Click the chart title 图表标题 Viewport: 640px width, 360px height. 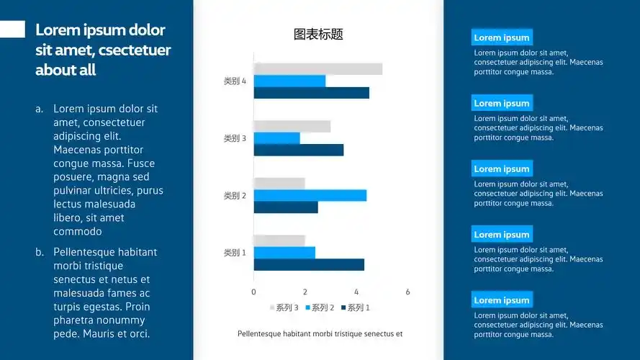(x=318, y=35)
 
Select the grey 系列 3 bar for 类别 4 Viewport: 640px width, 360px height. (x=318, y=69)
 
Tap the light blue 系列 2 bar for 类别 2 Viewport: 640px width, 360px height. (x=310, y=196)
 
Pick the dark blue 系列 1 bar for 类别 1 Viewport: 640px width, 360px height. (x=309, y=264)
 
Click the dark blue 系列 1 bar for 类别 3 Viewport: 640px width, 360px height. (x=299, y=150)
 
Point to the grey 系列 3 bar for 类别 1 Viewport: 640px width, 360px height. (x=279, y=240)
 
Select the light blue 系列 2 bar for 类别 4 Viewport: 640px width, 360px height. (x=290, y=81)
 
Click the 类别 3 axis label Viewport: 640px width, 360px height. (x=235, y=138)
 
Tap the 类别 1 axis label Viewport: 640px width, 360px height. (x=235, y=253)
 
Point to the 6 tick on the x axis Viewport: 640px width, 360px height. (x=407, y=292)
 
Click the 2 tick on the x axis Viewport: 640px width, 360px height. (x=305, y=292)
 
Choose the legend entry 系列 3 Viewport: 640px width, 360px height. (x=284, y=307)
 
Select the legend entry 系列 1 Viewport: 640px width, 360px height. (x=356, y=307)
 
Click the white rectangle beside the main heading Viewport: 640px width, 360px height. (x=12, y=29)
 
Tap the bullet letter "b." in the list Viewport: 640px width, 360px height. (x=40, y=252)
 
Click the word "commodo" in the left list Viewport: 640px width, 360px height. (x=78, y=231)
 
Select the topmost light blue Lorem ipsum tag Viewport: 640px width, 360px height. (x=502, y=37)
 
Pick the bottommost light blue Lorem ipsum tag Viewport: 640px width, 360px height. (x=502, y=300)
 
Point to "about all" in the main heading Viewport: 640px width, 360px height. (x=66, y=70)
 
